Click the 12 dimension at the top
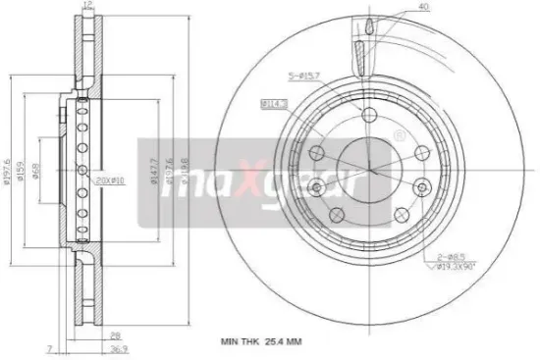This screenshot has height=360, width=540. point(89,5)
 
